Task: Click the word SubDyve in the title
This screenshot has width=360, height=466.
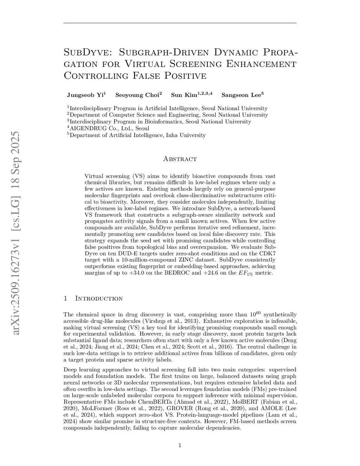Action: click(x=85, y=53)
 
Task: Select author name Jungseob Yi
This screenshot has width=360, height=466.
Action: click(x=85, y=95)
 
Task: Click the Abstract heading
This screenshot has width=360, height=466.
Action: click(x=180, y=159)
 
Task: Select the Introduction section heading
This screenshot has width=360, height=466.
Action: click(x=99, y=299)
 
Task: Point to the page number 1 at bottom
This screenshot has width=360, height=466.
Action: click(x=180, y=446)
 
